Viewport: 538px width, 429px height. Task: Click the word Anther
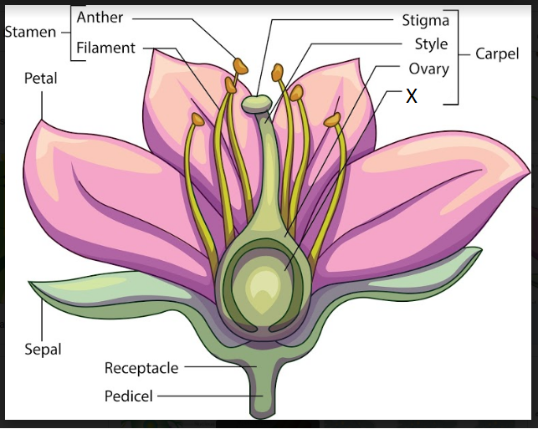[100, 17]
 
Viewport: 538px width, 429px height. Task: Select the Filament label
[105, 48]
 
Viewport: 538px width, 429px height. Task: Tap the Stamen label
[30, 33]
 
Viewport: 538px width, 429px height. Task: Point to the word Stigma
[425, 19]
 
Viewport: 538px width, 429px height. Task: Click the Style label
[431, 44]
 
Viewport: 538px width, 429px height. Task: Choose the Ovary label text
[428, 69]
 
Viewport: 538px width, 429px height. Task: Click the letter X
[411, 96]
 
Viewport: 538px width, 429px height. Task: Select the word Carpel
[497, 54]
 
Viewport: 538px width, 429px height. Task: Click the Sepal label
[43, 349]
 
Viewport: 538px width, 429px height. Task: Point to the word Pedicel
[129, 395]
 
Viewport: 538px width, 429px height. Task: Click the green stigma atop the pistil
[257, 104]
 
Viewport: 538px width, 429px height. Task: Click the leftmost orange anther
[197, 120]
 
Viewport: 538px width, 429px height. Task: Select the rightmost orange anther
[333, 120]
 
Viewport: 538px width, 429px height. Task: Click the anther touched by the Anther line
[240, 65]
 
